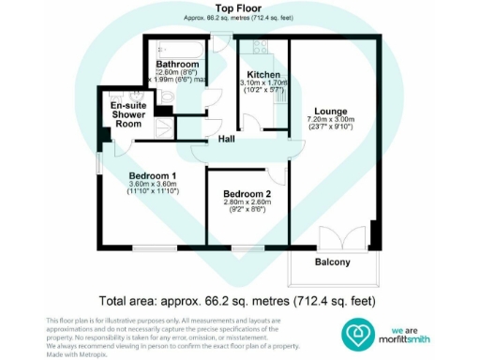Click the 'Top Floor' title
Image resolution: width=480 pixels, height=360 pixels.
[240, 10]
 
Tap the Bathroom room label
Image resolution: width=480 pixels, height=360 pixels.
[177, 64]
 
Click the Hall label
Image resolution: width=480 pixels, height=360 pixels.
[226, 139]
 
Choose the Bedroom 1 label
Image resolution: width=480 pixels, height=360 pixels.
[153, 174]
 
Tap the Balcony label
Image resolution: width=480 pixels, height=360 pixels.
[332, 262]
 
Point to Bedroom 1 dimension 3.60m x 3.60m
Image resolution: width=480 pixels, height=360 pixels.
[153, 184]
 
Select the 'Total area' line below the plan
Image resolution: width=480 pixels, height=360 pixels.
[240, 301]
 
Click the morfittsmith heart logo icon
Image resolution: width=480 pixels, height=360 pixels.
[359, 332]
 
